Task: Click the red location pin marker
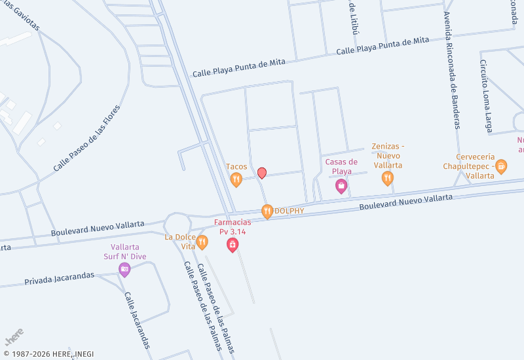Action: [262, 173]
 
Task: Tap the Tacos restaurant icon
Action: [236, 179]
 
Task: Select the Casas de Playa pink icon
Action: [341, 187]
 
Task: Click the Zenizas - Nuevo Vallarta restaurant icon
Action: [388, 177]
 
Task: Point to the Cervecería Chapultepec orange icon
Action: [501, 166]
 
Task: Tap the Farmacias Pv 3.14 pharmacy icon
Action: [232, 245]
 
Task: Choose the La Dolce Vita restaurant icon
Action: [202, 242]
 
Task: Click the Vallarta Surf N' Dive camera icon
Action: [124, 269]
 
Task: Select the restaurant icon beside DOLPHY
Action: [267, 211]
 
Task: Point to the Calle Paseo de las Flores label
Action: [87, 139]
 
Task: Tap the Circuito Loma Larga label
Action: [485, 97]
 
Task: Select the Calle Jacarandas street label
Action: [137, 319]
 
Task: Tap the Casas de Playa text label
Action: [341, 166]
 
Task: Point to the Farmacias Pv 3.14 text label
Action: [232, 227]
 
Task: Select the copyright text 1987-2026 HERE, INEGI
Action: [48, 354]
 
